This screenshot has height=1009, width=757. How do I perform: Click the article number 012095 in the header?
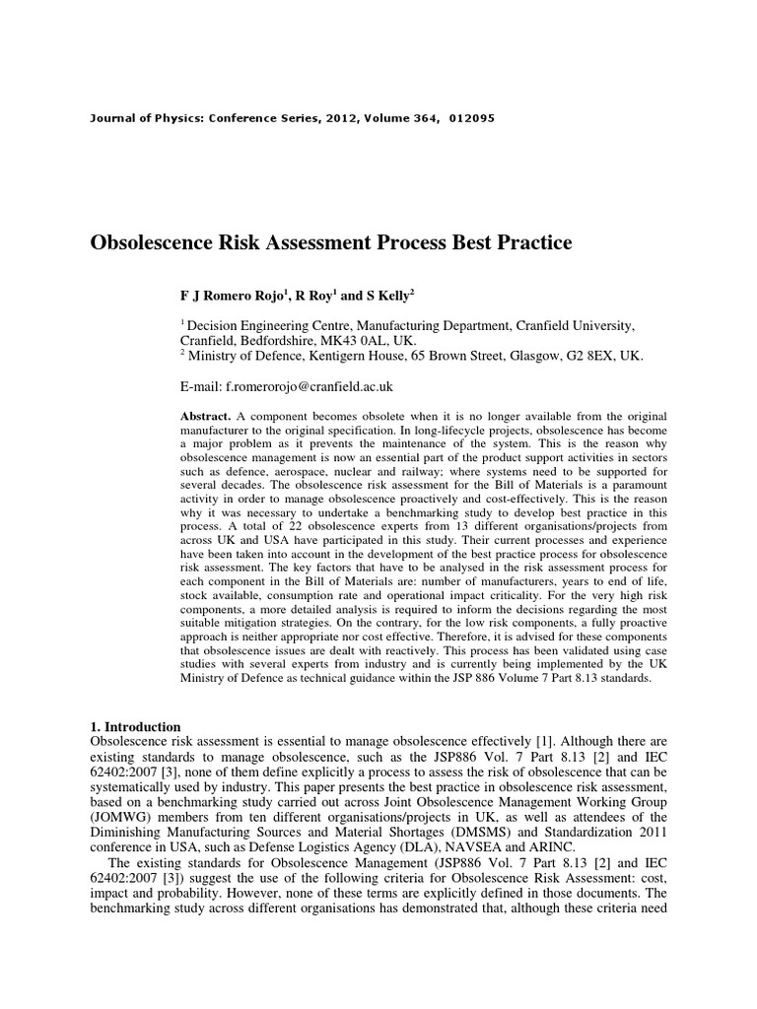click(470, 118)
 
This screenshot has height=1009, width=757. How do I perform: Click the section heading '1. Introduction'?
click(135, 725)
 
